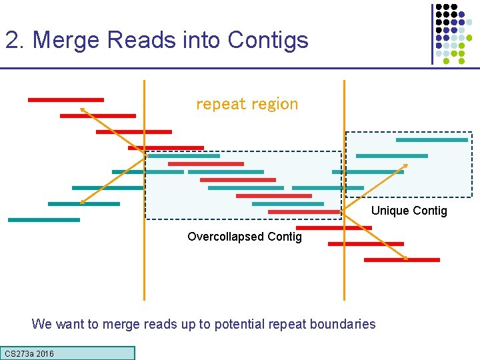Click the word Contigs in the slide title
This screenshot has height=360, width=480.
(267, 41)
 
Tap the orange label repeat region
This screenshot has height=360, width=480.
(247, 104)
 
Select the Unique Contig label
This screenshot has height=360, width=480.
(409, 211)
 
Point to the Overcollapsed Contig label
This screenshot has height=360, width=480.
(244, 237)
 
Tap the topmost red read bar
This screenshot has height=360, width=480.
(65, 100)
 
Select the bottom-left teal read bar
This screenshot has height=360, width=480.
(43, 219)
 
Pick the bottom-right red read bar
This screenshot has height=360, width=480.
(402, 259)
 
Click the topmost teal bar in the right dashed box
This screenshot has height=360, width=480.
(431, 140)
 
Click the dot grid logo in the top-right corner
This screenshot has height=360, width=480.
(453, 33)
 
